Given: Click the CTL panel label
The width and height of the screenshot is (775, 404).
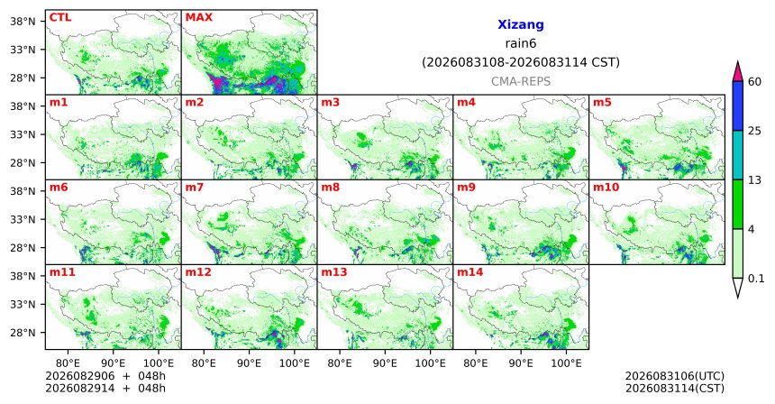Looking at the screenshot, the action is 60,17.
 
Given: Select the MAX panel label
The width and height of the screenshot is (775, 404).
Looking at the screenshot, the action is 198,17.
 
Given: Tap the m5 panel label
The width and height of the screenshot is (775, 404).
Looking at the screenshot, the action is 602,103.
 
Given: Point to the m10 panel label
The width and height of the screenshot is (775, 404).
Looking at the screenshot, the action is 606,188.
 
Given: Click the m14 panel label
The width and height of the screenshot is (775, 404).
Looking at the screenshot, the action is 470,272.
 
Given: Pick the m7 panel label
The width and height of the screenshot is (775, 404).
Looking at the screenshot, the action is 195,188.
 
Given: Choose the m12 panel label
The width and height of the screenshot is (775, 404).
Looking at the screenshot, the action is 197,272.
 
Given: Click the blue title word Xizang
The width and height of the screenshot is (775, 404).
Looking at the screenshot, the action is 521,24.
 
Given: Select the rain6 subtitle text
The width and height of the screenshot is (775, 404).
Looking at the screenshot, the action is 521,43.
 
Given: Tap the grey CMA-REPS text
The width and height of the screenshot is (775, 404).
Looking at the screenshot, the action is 521,81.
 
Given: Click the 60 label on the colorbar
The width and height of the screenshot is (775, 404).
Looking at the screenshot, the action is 755,81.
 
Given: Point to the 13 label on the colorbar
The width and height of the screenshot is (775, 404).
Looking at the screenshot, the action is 755,180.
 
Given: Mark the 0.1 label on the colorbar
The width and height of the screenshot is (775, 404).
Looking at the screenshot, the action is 756,279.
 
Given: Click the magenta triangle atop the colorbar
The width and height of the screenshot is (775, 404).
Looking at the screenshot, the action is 737,71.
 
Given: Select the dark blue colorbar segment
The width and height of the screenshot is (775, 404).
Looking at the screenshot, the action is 737,106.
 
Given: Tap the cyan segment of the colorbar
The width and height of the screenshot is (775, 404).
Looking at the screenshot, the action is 737,155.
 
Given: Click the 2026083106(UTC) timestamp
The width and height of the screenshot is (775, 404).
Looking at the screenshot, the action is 675,377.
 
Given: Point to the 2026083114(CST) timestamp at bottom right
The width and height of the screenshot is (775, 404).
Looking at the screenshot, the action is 675,388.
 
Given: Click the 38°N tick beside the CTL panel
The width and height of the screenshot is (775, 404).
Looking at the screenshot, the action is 23,22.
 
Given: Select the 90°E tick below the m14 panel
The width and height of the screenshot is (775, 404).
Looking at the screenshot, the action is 521,363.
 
